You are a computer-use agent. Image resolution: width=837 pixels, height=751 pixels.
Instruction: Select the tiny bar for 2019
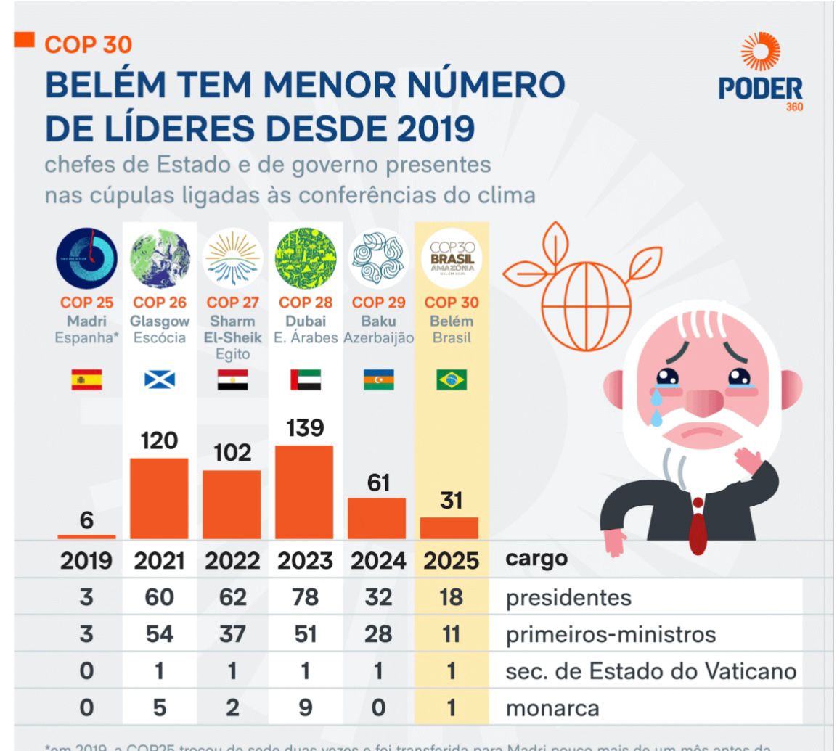[x=86, y=537]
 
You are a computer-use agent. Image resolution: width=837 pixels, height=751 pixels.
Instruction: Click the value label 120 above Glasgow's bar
[x=159, y=440]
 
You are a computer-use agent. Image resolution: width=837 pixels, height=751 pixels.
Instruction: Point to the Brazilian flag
[x=452, y=379]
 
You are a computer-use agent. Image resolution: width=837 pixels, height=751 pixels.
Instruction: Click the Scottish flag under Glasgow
[x=159, y=379]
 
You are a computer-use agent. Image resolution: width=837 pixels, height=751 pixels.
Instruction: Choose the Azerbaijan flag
[x=378, y=379]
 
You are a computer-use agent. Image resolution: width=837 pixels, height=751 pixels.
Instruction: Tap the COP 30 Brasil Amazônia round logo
[x=452, y=259]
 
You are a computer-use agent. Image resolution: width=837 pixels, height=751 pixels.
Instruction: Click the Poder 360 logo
[x=760, y=73]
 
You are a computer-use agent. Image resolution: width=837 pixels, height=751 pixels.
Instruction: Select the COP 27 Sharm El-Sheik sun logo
[x=232, y=259]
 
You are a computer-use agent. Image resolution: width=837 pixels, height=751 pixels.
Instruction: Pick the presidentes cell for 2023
[x=305, y=598]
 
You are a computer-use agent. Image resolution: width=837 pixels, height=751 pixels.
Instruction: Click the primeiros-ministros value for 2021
[x=159, y=634]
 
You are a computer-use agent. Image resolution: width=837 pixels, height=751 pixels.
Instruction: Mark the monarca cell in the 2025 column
[x=452, y=707]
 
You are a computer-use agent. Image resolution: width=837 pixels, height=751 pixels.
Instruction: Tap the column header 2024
[x=378, y=561]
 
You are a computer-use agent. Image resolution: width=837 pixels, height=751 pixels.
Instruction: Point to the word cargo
[x=536, y=559]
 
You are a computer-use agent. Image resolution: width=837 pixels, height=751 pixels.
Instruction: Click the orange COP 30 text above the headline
[x=88, y=45]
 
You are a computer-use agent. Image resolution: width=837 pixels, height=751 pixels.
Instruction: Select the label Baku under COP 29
[x=378, y=321]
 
